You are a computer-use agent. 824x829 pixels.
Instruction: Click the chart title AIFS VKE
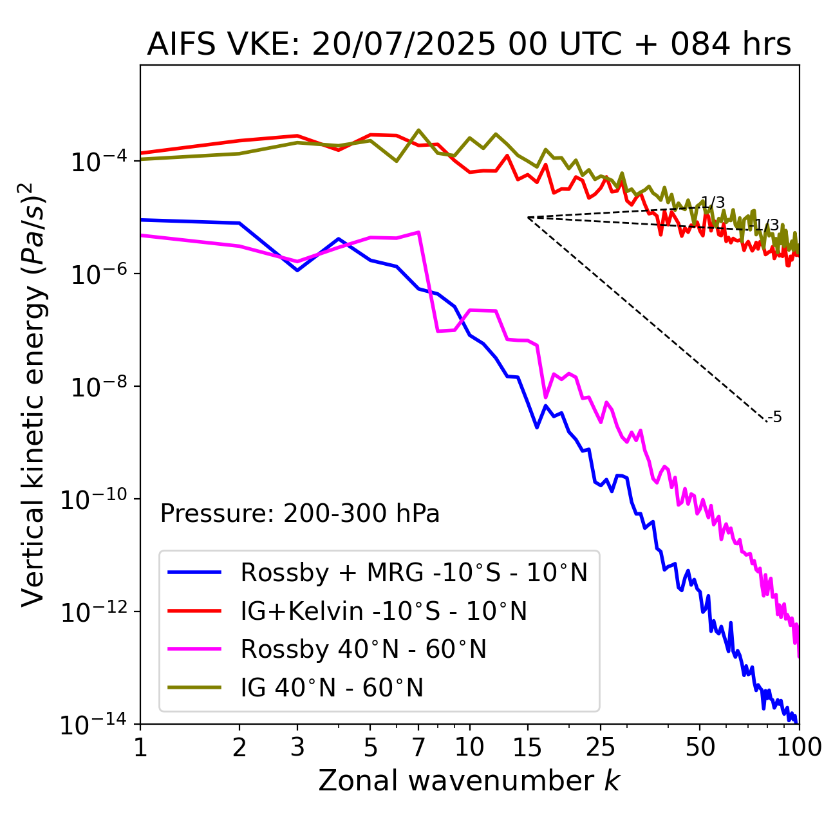[469, 45]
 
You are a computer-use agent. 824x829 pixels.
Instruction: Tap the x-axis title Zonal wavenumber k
[469, 780]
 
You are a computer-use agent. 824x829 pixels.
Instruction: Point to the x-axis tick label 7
[418, 747]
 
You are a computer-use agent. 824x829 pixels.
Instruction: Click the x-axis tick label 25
[600, 747]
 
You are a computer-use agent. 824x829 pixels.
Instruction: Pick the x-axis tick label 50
[700, 747]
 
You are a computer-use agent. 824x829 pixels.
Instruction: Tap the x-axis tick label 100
[798, 747]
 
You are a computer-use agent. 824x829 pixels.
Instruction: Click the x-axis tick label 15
[527, 747]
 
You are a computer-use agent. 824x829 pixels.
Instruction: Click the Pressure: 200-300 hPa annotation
[300, 514]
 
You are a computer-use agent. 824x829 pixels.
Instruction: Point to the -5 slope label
[775, 417]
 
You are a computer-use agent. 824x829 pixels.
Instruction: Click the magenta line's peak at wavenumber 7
[419, 232]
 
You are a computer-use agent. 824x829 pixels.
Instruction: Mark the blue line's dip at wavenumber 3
[297, 270]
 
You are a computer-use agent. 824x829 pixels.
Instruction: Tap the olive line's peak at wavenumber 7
[418, 130]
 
